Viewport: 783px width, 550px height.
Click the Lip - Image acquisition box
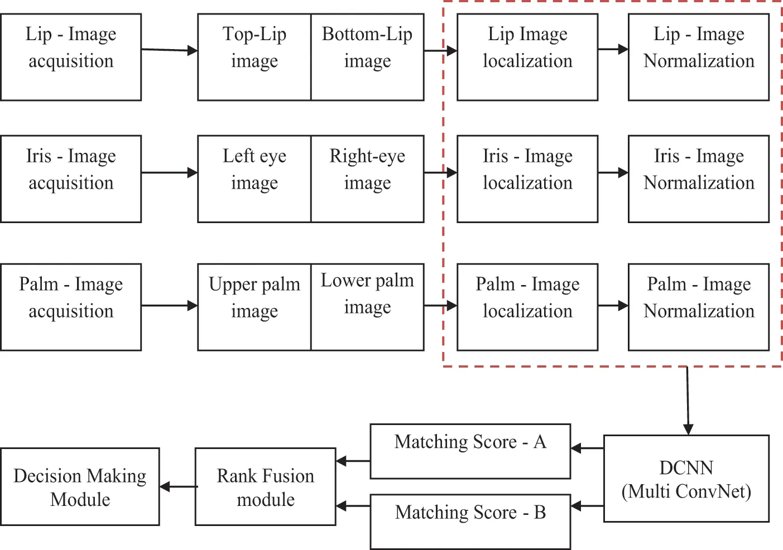pyautogui.click(x=71, y=57)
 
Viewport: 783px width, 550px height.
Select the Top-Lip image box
pyautogui.click(x=254, y=57)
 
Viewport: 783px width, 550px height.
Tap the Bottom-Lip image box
pyautogui.click(x=367, y=57)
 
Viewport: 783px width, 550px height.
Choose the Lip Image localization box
pyautogui.click(x=527, y=57)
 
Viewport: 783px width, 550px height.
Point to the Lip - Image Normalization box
pyautogui.click(x=699, y=57)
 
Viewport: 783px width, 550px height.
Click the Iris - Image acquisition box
pyautogui.click(x=71, y=178)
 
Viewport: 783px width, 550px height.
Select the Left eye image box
pyautogui.click(x=254, y=178)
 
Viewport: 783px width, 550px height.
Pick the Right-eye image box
pyautogui.click(x=367, y=178)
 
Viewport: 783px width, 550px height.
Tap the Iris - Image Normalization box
pyautogui.click(x=699, y=178)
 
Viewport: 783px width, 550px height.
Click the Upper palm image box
pyautogui.click(x=254, y=307)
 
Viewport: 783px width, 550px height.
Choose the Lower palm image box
pyautogui.click(x=367, y=307)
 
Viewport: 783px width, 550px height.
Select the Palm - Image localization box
pyautogui.click(x=527, y=307)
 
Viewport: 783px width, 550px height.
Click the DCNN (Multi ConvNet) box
pyautogui.click(x=686, y=479)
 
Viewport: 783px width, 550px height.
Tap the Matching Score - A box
pyautogui.click(x=470, y=451)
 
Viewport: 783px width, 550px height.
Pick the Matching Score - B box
pyautogui.click(x=470, y=521)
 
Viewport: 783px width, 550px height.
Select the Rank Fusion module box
pyautogui.click(x=266, y=486)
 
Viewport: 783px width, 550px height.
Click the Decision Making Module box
pyautogui.click(x=80, y=486)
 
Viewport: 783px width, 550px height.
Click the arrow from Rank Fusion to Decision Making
pyautogui.click(x=178, y=487)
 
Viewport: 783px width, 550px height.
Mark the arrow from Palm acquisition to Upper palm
pyautogui.click(x=170, y=306)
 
